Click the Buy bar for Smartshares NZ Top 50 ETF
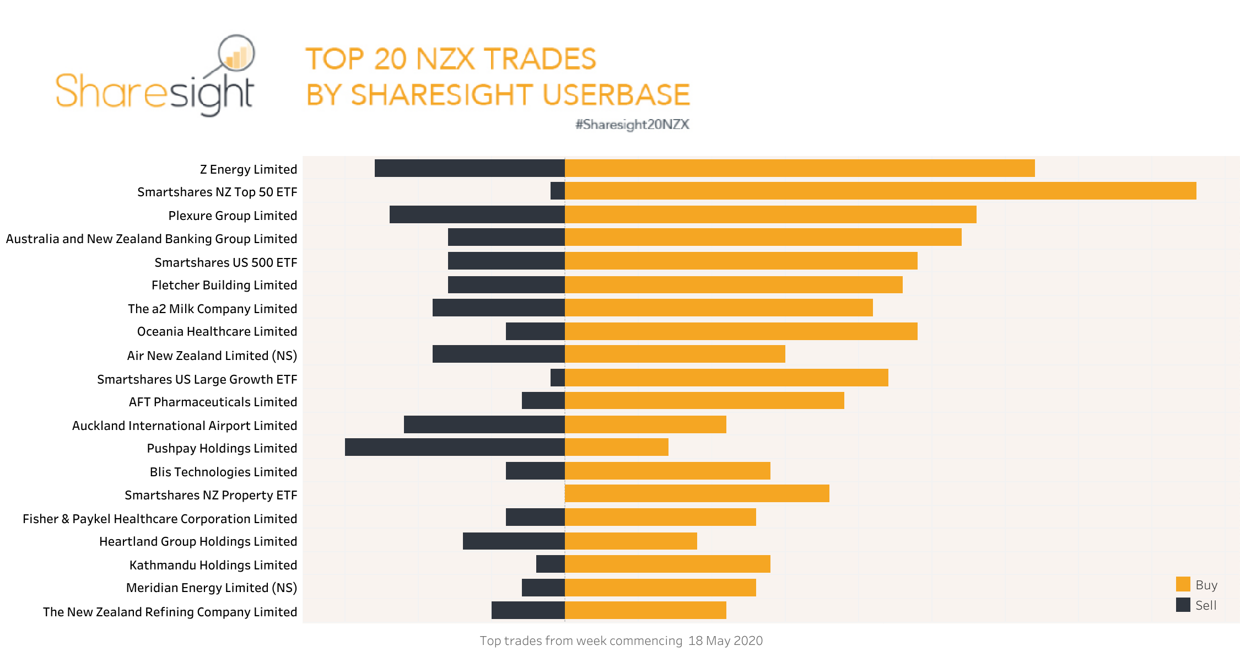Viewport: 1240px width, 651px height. (880, 191)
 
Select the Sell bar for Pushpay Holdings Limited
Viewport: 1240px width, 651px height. (455, 447)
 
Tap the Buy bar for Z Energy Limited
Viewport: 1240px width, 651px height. (799, 168)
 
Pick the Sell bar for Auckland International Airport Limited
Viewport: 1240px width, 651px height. (484, 424)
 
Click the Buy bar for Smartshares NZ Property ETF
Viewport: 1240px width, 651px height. (697, 493)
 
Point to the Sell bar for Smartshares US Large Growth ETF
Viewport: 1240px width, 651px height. (558, 378)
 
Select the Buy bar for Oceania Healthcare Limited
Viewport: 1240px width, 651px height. (741, 331)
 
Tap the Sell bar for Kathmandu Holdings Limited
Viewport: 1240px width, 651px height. (550, 564)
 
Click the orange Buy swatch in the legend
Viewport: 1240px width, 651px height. (1183, 584)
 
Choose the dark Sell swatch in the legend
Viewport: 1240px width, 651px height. (1183, 605)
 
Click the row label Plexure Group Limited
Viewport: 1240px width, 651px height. (233, 216)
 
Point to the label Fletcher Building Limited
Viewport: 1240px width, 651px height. (224, 285)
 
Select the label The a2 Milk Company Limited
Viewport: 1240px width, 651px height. (212, 309)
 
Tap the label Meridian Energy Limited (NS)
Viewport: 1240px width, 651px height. (211, 588)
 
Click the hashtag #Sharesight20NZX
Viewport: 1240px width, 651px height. (632, 125)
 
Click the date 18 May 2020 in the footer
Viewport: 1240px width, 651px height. (725, 641)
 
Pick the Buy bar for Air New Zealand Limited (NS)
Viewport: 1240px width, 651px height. (675, 354)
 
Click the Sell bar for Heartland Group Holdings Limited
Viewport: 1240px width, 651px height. (514, 541)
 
